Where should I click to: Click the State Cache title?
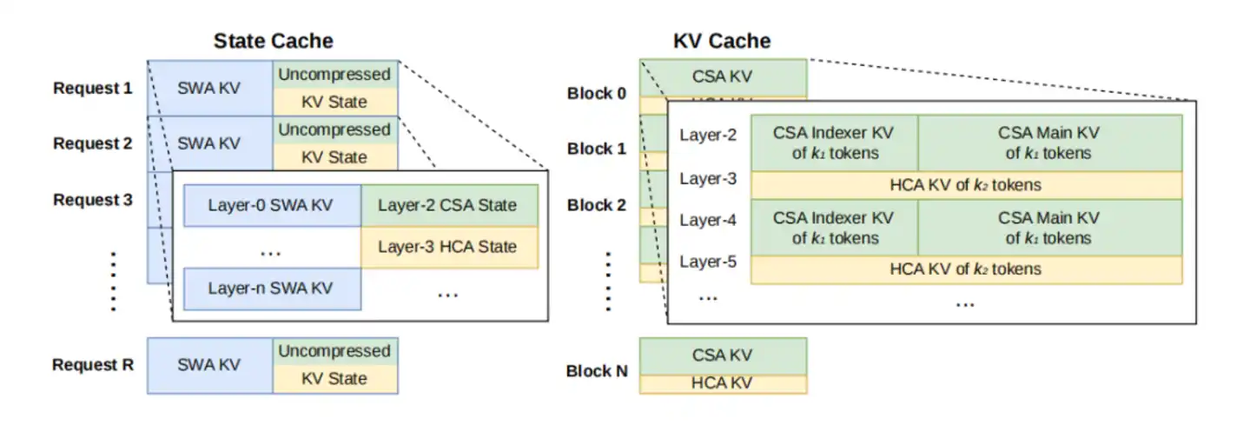[x=274, y=41]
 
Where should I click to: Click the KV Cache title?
[x=722, y=41]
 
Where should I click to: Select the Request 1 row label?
[x=93, y=88]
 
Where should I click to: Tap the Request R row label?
[x=93, y=364]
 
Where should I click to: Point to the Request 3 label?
[x=93, y=199]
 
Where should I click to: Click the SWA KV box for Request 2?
[x=210, y=143]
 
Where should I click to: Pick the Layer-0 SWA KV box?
[x=272, y=205]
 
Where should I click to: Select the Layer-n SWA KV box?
[x=272, y=289]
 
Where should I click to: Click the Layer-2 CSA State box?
[x=449, y=205]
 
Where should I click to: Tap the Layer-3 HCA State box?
[x=449, y=247]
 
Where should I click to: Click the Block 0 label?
[x=597, y=93]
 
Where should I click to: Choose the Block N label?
[x=597, y=370]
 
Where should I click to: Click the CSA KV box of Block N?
[x=724, y=356]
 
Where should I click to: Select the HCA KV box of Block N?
[x=724, y=384]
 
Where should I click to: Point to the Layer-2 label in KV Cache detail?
[x=708, y=135]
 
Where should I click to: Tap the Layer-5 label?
[x=708, y=262]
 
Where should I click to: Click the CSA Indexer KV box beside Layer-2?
[x=834, y=143]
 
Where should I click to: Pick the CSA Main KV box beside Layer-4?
[x=1049, y=228]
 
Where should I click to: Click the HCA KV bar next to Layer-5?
[x=967, y=269]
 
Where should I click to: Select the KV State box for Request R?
[x=335, y=380]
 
